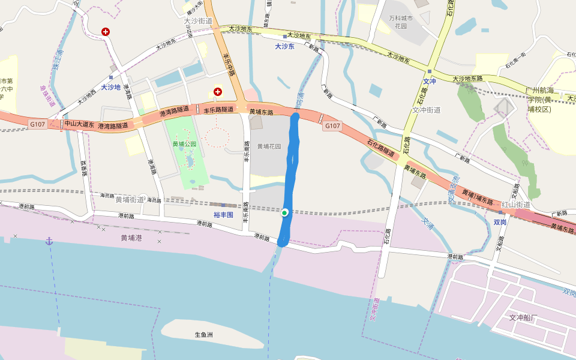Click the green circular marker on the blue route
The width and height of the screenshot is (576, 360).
click(284, 212)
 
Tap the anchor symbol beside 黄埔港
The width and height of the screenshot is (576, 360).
click(50, 241)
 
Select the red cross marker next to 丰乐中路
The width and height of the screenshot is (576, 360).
click(217, 92)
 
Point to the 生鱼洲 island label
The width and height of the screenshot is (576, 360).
click(204, 335)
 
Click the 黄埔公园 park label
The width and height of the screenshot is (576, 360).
click(184, 144)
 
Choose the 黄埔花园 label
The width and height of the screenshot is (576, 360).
click(269, 146)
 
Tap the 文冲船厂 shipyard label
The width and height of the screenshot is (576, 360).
click(525, 317)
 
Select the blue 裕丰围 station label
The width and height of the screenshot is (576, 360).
click(223, 214)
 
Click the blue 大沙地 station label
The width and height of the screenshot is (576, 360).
click(111, 87)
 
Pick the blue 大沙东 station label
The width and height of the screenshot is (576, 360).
click(285, 46)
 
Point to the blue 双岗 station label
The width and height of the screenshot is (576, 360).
click(500, 221)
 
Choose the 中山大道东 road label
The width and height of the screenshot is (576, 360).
click(80, 124)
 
